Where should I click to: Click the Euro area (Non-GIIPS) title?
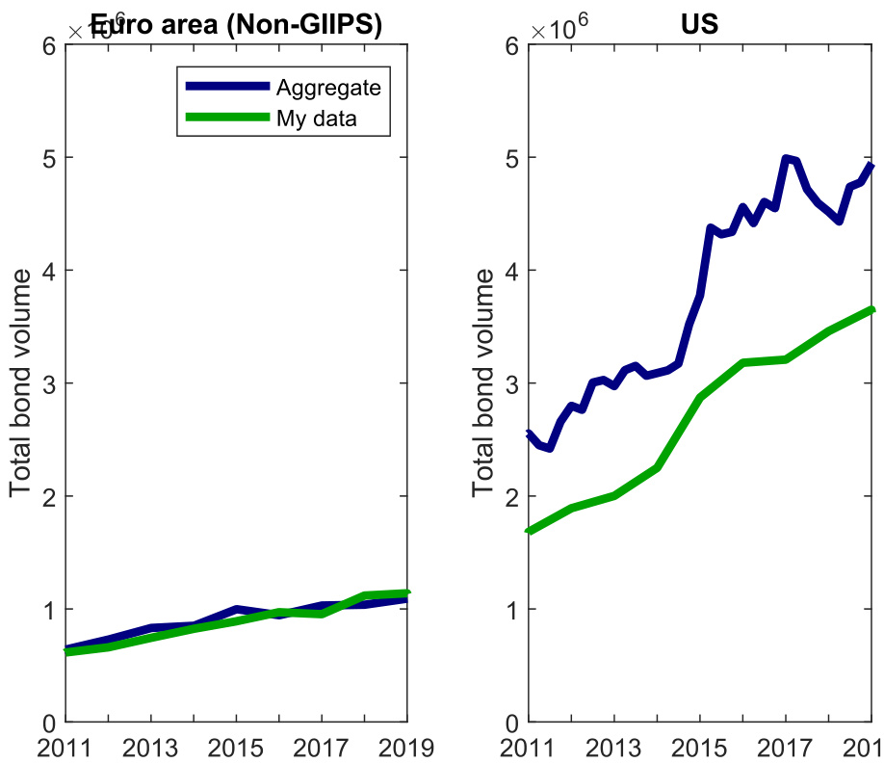[237, 25]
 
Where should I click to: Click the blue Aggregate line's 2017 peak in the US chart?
[787, 159]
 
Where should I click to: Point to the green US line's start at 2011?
[530, 531]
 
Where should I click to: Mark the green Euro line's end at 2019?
[406, 592]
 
